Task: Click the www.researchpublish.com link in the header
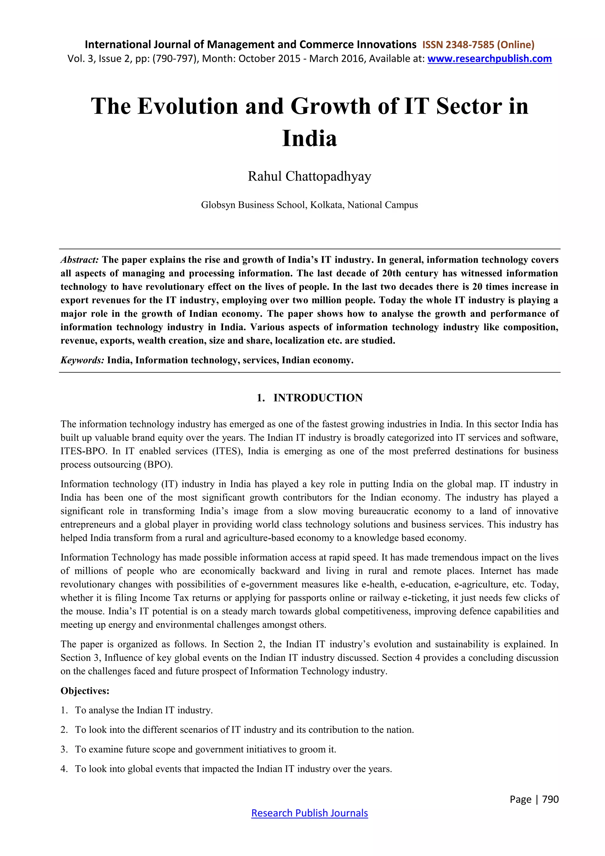point(489,59)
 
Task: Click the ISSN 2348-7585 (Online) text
point(478,45)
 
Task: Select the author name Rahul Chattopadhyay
point(309,176)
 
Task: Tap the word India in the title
point(309,138)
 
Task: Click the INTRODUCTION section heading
point(318,398)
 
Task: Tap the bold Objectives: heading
point(85,691)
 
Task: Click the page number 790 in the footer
point(550,799)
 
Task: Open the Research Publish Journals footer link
point(309,813)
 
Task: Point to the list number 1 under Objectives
point(64,710)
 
